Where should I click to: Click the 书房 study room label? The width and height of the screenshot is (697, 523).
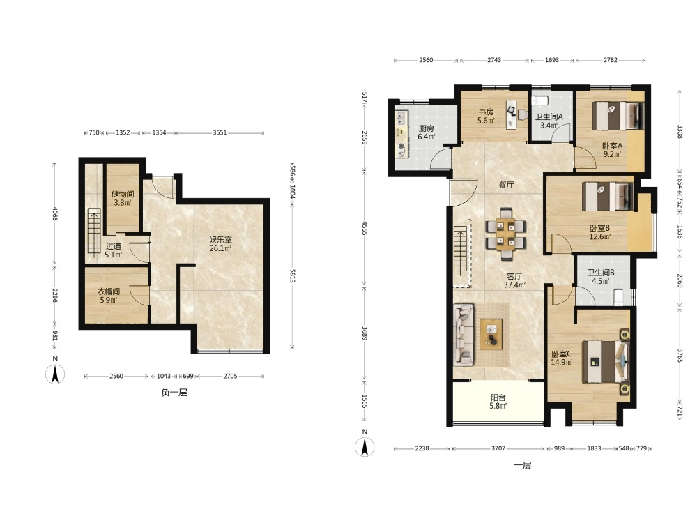tap(486, 112)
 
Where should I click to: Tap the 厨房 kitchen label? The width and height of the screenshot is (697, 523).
tap(427, 128)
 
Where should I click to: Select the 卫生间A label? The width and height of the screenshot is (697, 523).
tap(549, 117)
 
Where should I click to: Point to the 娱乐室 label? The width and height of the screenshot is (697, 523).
tap(220, 240)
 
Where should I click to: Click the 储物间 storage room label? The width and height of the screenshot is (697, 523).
tap(123, 194)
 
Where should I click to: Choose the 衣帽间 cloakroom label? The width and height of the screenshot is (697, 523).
tap(109, 291)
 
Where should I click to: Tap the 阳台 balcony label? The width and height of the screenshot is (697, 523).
tap(498, 397)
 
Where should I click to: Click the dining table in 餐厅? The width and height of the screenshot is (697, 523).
tap(506, 234)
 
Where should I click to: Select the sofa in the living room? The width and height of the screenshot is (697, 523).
tap(464, 335)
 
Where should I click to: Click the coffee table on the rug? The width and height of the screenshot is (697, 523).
tap(491, 334)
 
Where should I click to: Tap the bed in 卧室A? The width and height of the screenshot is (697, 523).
tap(618, 116)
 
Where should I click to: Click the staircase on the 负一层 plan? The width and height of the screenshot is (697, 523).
tap(94, 232)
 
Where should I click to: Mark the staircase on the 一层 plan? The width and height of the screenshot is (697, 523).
tap(461, 256)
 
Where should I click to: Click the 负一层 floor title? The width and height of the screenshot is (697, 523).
tap(174, 393)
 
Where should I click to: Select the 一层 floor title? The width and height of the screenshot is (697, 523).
tap(523, 466)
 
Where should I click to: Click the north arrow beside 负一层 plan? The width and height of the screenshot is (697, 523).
tap(55, 374)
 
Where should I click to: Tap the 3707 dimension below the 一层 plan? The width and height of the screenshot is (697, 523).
tap(498, 448)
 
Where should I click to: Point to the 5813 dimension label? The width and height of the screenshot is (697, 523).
tap(293, 275)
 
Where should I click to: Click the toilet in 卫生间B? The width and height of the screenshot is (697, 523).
tap(618, 296)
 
